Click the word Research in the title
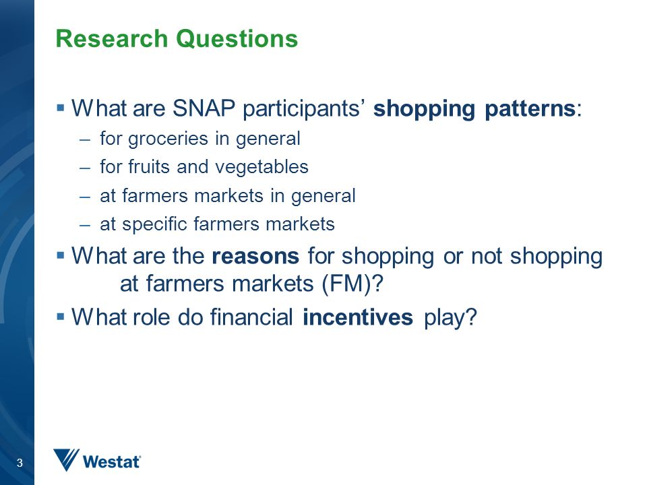111,39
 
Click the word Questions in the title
237,39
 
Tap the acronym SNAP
204,108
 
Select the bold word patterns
530,109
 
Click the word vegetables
261,168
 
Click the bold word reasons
255,257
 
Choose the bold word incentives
358,317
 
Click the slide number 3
20,463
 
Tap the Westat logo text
111,462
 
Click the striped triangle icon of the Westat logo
66,459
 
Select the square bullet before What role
61,317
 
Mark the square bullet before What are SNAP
61,108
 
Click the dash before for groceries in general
85,140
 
